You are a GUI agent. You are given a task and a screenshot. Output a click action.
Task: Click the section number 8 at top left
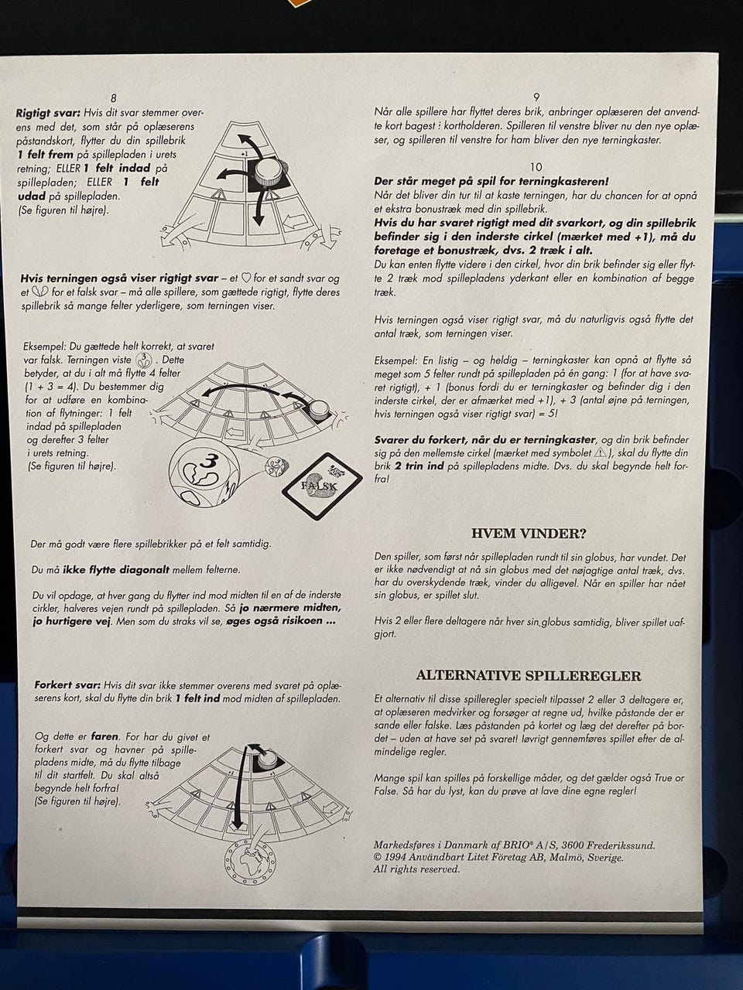tap(113, 98)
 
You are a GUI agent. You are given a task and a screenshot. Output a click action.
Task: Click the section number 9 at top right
tap(536, 97)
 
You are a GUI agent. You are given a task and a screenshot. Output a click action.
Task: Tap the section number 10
tap(536, 167)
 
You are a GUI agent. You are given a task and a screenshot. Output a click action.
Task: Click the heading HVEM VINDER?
tap(529, 534)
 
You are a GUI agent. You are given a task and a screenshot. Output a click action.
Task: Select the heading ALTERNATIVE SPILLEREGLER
tap(529, 676)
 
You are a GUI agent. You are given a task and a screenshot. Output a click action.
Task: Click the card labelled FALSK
tap(322, 486)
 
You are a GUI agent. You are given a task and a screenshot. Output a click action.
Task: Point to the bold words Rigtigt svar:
tap(48, 112)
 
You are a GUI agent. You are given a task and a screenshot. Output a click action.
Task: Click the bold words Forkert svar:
tap(67, 685)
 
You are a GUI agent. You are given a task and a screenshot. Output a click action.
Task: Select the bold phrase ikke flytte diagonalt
tap(116, 570)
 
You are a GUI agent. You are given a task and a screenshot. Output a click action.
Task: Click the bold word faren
tap(104, 737)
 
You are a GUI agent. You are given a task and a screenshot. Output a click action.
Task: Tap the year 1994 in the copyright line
tap(395, 859)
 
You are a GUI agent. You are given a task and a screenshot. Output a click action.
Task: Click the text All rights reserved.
tap(416, 869)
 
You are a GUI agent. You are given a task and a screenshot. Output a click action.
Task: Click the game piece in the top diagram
tap(269, 172)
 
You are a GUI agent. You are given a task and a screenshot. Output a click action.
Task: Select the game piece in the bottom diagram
tap(269, 758)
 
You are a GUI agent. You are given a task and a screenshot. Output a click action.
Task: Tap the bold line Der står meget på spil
tap(491, 181)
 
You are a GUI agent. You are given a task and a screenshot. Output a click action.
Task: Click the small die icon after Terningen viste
tap(144, 360)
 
